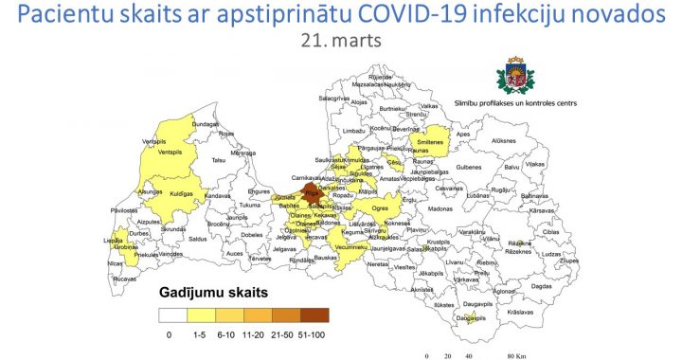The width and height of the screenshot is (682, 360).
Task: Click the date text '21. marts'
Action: [340, 41]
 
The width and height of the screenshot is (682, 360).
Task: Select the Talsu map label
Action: [219, 161]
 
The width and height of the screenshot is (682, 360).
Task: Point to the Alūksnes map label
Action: [502, 140]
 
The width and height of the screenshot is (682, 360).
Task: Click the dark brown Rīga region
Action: [312, 194]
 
